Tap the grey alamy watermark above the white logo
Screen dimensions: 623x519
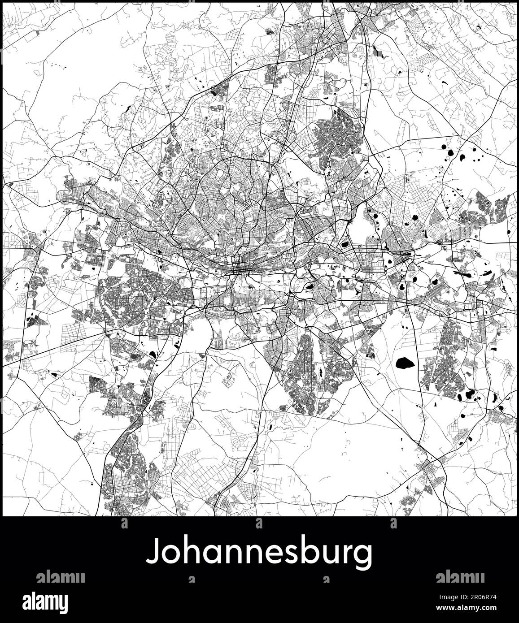[61, 576]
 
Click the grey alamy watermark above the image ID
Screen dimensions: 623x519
[460, 576]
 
